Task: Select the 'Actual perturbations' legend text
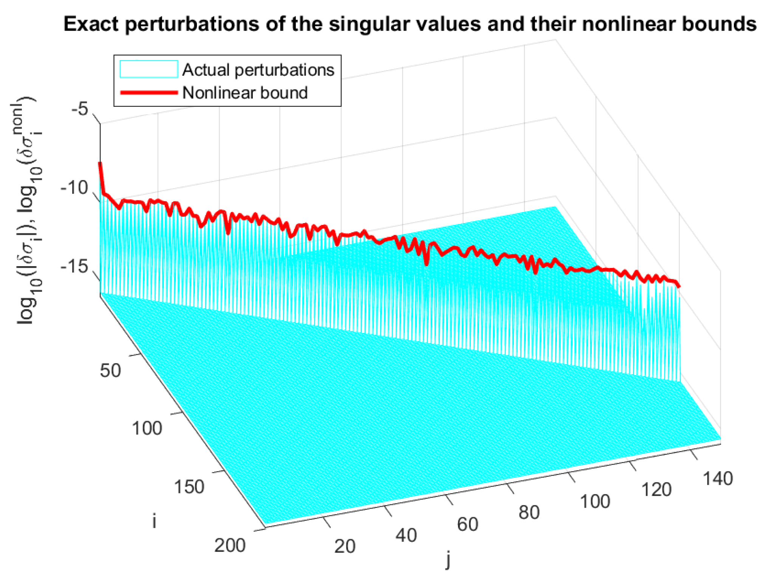tap(258, 70)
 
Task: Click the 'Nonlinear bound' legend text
tap(245, 93)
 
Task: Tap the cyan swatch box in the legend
tap(149, 69)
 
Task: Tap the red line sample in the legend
tap(149, 92)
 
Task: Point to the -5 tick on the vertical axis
tap(80, 109)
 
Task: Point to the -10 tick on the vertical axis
tap(74, 187)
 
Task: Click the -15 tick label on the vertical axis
tap(74, 267)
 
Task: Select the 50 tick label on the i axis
tap(110, 371)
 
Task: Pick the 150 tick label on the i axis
tap(189, 487)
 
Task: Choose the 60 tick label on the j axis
tap(467, 524)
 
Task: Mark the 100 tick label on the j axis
tap(595, 502)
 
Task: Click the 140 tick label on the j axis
tap(718, 479)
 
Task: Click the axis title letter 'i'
tap(154, 521)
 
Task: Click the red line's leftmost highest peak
tap(100, 163)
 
